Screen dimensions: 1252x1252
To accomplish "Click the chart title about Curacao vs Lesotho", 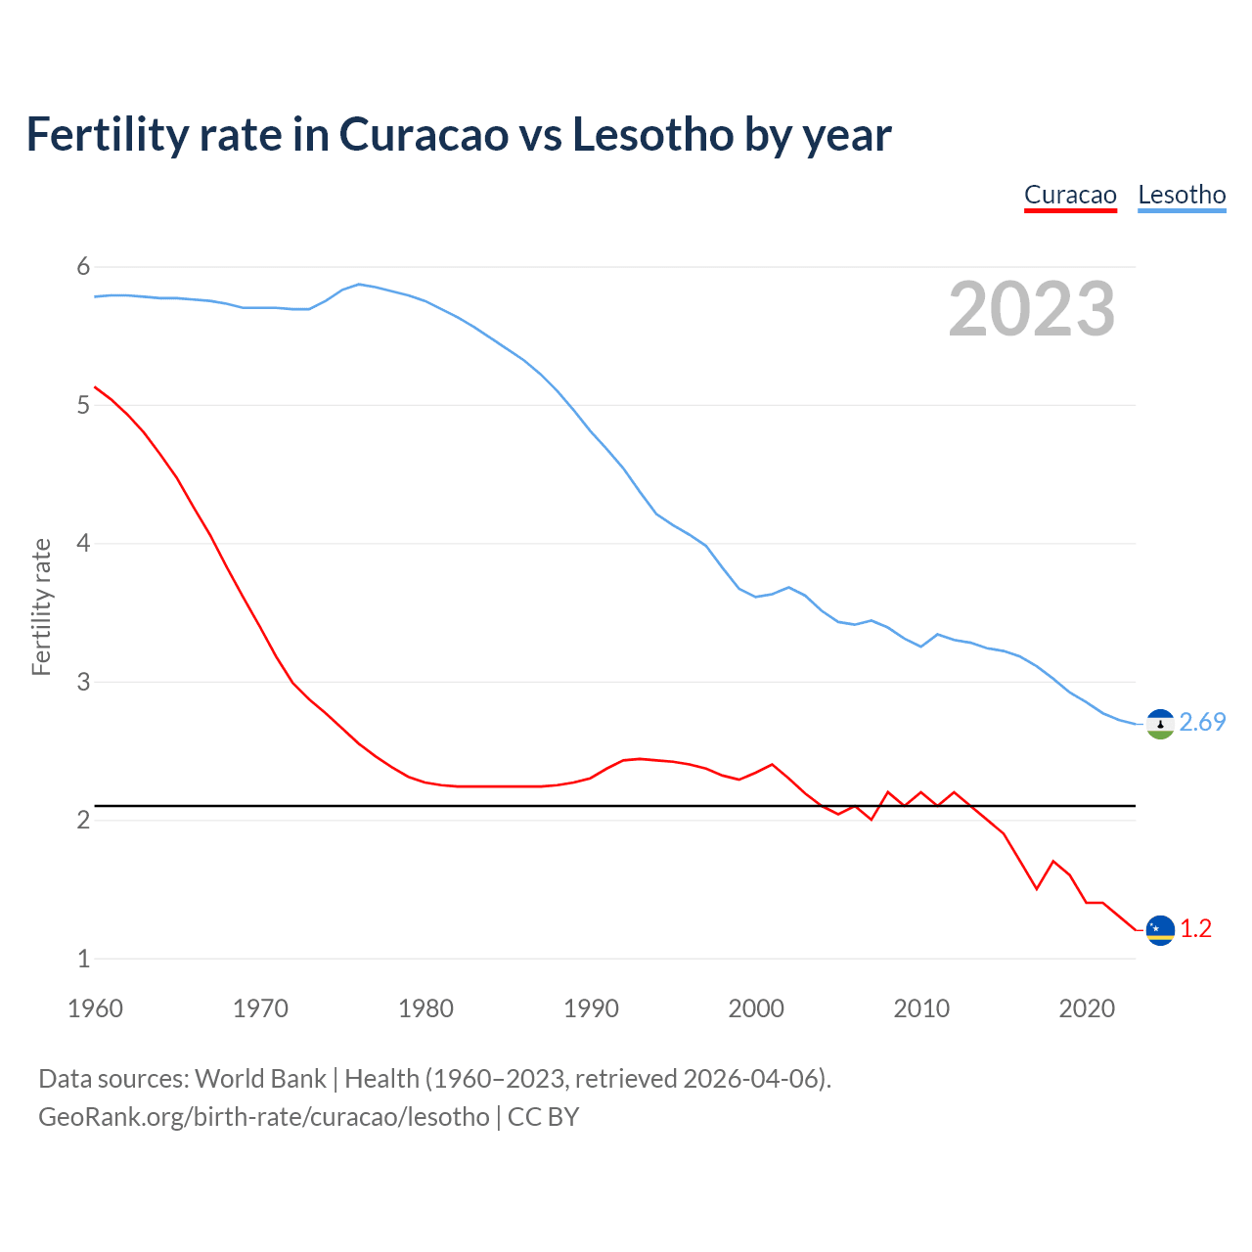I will (x=458, y=135).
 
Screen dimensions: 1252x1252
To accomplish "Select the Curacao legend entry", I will (x=1070, y=195).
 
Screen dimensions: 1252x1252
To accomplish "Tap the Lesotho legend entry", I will (x=1182, y=195).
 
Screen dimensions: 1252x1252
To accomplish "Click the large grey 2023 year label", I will (x=1032, y=309).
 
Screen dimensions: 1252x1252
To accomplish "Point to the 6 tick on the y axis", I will (x=83, y=266).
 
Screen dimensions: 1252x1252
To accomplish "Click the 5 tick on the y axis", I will (x=83, y=405).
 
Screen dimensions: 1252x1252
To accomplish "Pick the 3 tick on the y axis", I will (x=83, y=682).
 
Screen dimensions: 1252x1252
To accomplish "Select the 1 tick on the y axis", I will (x=83, y=959).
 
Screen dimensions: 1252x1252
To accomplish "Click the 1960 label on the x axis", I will (x=95, y=1008).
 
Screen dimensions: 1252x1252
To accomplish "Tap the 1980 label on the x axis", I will (x=425, y=1008).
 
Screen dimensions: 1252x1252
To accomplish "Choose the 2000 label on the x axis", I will (x=756, y=1008).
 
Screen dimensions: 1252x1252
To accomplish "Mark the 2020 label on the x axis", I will (x=1087, y=1008).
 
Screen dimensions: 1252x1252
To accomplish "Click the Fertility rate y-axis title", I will (x=41, y=606).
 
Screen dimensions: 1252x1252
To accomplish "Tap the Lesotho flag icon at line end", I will (x=1160, y=724).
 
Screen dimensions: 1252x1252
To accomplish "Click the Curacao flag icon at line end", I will (x=1160, y=930).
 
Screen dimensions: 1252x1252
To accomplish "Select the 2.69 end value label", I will (x=1202, y=723).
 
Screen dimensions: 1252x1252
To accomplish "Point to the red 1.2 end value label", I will (x=1195, y=929).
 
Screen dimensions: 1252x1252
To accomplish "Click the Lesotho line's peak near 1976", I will (x=359, y=284).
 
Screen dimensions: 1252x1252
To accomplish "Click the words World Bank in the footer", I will (x=260, y=1079).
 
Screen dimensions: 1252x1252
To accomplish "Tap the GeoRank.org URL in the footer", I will (x=264, y=1117).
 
